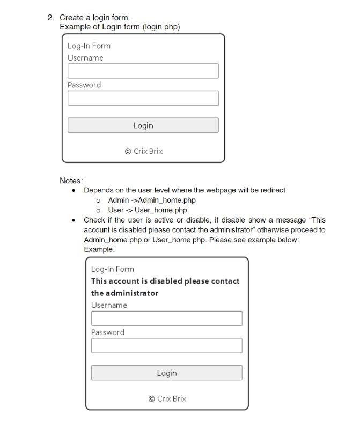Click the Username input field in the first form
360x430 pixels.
pos(143,71)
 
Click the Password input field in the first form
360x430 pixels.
pos(143,98)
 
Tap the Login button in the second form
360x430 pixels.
pos(166,373)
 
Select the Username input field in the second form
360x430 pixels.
pos(166,318)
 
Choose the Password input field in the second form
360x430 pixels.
pos(166,345)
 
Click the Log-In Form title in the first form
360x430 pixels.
pos(89,46)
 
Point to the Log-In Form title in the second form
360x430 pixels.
pos(112,269)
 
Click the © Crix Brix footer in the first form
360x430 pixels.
pos(143,151)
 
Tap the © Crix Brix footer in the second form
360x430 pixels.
pos(167,398)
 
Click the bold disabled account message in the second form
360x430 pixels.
pos(165,287)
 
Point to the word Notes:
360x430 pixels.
pos(71,181)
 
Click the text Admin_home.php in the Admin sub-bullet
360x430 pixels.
pos(167,200)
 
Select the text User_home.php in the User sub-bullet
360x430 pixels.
pos(161,210)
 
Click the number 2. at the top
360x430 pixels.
pos(50,18)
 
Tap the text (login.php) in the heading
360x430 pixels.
pos(161,27)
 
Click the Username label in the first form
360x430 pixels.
pos(85,58)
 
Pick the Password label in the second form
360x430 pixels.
pos(107,332)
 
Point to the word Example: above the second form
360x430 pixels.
pos(99,249)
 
